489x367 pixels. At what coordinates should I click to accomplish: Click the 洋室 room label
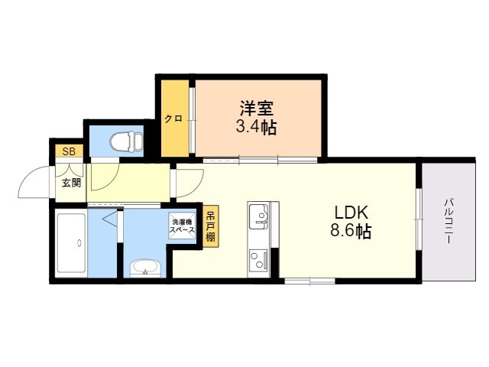pos(256,109)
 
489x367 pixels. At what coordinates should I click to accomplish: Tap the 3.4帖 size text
pos(256,127)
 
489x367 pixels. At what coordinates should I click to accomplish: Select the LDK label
pos(351,212)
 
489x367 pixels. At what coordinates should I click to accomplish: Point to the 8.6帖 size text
pos(351,232)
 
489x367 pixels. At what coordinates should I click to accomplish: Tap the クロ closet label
pos(173,118)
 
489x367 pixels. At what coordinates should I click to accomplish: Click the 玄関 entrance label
pos(70,183)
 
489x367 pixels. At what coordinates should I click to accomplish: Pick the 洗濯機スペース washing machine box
pos(183,226)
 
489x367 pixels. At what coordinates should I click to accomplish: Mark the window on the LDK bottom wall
pos(308,281)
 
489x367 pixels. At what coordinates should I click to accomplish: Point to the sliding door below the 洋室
pos(260,160)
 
